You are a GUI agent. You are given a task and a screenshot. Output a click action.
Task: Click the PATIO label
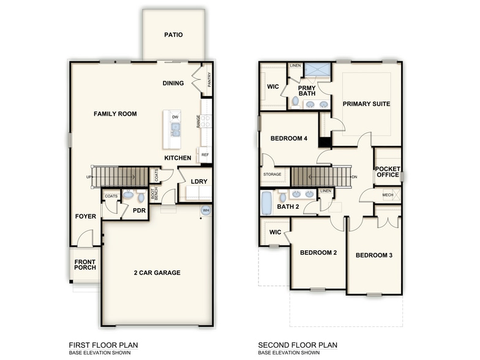[x=173, y=35]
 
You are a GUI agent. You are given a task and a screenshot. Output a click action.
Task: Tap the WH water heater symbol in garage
[x=206, y=211]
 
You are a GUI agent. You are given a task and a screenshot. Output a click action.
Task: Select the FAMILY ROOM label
[x=115, y=114]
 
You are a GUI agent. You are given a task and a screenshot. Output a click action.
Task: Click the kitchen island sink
[x=175, y=129]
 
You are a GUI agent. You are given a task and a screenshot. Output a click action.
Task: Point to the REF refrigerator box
[x=205, y=155]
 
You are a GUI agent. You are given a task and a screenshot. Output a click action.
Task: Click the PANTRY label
[x=209, y=80]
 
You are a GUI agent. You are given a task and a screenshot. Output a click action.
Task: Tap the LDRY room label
[x=198, y=182]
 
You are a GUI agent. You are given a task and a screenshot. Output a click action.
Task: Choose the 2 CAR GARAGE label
[x=157, y=272]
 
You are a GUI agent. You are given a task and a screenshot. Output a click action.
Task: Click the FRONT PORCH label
[x=85, y=264]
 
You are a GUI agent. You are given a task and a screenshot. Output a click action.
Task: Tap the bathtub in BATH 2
[x=266, y=203]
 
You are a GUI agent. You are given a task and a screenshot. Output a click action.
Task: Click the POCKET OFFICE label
[x=387, y=172]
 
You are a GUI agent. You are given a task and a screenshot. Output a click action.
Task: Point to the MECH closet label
[x=388, y=195]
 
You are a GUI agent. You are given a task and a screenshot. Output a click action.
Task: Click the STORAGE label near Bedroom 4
[x=272, y=174]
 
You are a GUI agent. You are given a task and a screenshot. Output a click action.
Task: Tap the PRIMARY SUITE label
[x=366, y=104]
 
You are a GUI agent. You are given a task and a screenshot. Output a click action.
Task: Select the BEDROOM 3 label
[x=373, y=255]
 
